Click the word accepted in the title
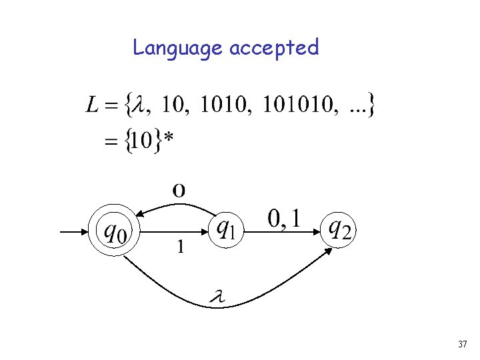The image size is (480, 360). [274, 48]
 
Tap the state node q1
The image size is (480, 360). [227, 230]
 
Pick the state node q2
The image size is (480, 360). [338, 230]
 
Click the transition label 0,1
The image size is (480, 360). [283, 218]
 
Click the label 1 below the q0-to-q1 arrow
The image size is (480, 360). [180, 247]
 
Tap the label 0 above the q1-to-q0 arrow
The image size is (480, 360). [179, 190]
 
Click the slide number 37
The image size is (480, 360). [463, 345]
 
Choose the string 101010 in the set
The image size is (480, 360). [295, 105]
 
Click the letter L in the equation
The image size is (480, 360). [93, 105]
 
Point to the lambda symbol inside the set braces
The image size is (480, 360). [139, 105]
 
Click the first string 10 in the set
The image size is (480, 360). [175, 105]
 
